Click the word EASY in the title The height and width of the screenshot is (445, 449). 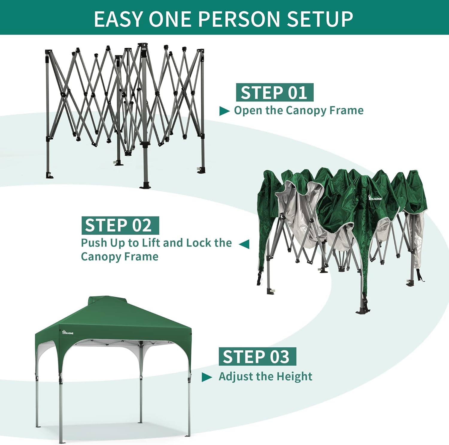click(118, 19)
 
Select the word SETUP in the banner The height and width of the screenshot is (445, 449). click(320, 19)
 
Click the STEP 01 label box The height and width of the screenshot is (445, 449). click(274, 92)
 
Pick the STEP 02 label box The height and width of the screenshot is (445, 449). click(120, 225)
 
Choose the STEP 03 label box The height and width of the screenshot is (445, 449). click(257, 357)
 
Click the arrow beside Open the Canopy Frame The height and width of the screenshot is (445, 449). click(224, 111)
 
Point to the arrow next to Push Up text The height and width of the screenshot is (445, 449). click(244, 244)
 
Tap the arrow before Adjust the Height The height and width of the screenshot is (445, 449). click(207, 377)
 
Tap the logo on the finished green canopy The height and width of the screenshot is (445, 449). click(68, 332)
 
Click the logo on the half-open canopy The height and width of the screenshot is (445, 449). click(375, 198)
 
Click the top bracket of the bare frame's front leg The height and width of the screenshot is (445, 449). click(143, 51)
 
